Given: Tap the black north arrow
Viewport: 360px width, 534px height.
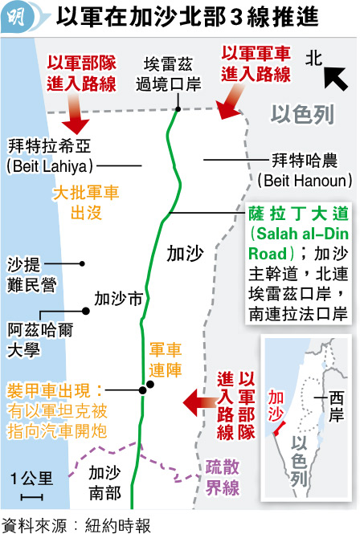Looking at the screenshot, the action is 335,79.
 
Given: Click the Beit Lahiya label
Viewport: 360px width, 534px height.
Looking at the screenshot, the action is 50,157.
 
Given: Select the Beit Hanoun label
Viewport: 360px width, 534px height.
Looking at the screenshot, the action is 305,170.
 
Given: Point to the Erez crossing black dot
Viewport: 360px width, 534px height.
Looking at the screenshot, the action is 178,109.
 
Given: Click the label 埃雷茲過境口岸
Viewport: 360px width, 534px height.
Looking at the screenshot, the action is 169,74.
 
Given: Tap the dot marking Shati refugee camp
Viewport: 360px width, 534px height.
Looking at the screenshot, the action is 82,263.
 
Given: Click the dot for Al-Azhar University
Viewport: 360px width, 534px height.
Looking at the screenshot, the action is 85,311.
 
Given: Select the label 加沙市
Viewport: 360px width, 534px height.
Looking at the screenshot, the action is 118,299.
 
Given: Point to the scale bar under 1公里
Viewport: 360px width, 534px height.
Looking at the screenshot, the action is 31,498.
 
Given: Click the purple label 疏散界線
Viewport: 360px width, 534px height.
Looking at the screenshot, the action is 223,477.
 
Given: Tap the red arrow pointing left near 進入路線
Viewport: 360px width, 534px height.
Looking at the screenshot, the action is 200,403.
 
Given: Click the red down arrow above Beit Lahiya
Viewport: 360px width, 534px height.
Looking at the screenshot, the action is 76,115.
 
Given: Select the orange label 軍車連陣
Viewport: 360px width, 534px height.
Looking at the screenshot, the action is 166,360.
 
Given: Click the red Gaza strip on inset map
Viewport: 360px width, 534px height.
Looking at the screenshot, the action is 279,428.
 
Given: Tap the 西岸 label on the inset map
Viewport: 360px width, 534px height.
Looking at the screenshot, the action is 336,406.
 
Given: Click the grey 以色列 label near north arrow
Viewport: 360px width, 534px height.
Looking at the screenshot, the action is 302,114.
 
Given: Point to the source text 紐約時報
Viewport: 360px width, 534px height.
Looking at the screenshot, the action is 117,525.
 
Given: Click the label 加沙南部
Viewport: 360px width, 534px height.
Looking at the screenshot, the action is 105,483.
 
